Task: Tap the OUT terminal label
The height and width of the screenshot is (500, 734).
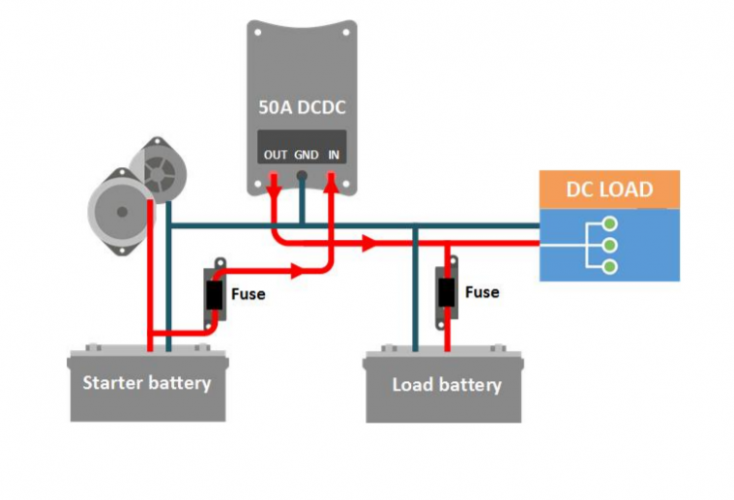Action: pyautogui.click(x=275, y=155)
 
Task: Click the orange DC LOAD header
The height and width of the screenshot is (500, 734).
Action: pyautogui.click(x=609, y=189)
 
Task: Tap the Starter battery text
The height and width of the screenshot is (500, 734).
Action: pyautogui.click(x=147, y=383)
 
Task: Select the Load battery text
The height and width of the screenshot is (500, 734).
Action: pyautogui.click(x=446, y=385)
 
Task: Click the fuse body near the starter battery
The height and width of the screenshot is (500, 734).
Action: pyautogui.click(x=215, y=296)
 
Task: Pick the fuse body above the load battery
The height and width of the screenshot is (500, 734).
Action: pyautogui.click(x=447, y=294)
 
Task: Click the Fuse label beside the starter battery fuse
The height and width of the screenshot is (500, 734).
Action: pyautogui.click(x=248, y=295)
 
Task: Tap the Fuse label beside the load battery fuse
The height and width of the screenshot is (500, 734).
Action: pyautogui.click(x=482, y=293)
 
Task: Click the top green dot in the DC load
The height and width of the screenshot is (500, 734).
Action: pyautogui.click(x=607, y=223)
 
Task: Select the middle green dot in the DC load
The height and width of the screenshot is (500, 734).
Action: pyautogui.click(x=607, y=244)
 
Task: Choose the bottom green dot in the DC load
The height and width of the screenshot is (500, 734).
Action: pyautogui.click(x=607, y=266)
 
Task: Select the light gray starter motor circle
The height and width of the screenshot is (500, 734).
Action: pyautogui.click(x=122, y=211)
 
